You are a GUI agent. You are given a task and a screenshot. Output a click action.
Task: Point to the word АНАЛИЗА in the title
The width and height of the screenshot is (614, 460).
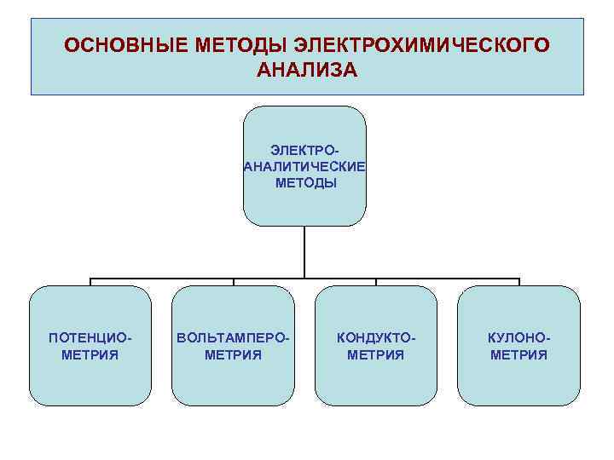tap(307, 69)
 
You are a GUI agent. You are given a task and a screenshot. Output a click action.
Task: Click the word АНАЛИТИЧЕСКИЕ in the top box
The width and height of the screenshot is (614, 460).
tap(304, 166)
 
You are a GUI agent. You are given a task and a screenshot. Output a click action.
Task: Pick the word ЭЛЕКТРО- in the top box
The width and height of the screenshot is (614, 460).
tap(305, 150)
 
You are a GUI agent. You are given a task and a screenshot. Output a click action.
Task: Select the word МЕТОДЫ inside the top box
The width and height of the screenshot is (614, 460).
tap(305, 182)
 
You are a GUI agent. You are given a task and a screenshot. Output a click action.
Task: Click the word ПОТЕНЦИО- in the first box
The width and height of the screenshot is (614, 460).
tap(90, 338)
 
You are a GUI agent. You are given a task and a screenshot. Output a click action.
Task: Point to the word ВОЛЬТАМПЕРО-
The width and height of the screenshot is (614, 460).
tap(233, 338)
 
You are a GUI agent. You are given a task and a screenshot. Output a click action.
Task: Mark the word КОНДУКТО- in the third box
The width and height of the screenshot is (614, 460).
tap(376, 338)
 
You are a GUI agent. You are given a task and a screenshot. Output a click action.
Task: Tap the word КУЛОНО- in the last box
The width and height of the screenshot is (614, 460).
tap(518, 338)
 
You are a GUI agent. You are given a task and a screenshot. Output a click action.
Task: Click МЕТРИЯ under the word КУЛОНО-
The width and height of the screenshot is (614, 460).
tap(518, 354)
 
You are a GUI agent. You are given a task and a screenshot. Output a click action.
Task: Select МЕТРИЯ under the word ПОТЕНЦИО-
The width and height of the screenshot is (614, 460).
tap(90, 354)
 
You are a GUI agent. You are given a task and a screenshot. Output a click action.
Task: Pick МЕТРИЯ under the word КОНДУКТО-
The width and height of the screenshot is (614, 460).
tap(376, 354)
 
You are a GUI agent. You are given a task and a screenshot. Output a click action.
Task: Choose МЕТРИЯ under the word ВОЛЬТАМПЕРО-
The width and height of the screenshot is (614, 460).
tap(233, 354)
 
